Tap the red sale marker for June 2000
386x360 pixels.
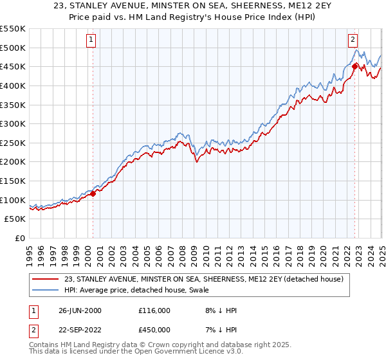[93, 193]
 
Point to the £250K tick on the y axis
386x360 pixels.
[14, 143]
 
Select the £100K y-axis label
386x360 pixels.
[14, 200]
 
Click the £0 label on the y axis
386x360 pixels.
[19, 238]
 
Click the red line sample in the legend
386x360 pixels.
[46, 279]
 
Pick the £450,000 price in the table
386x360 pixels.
[154, 329]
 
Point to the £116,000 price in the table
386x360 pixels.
[154, 310]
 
